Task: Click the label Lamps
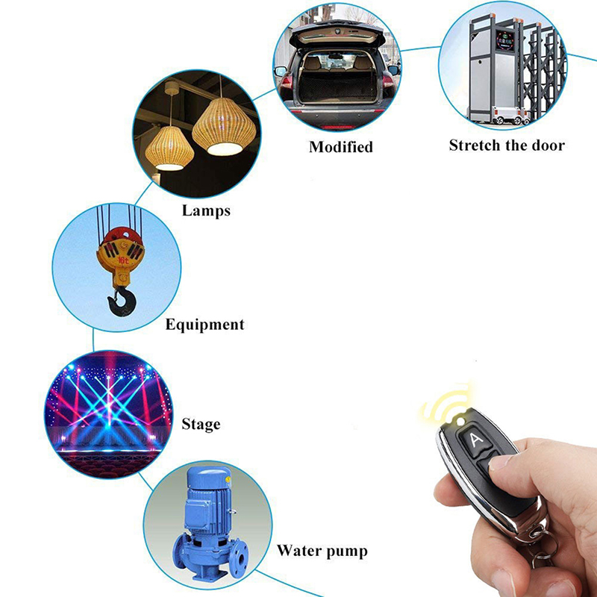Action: [206, 210]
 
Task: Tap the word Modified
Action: [341, 147]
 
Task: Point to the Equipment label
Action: [204, 325]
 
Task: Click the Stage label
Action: [201, 424]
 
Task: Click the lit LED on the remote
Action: [461, 421]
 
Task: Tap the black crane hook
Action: [121, 301]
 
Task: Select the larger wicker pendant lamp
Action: [224, 126]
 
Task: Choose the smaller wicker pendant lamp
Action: [169, 149]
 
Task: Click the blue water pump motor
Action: [207, 495]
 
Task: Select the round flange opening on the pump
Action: [241, 559]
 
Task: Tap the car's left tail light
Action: [287, 83]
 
